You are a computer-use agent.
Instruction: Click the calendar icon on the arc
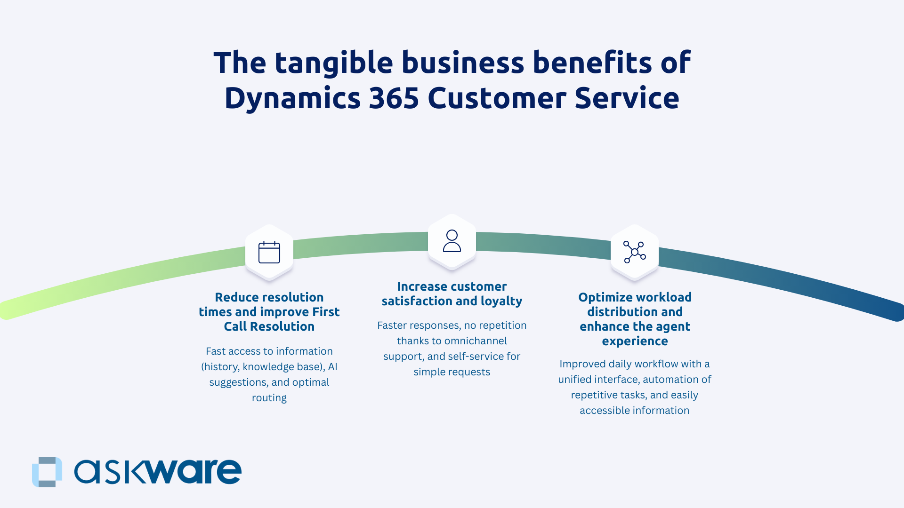click(x=269, y=252)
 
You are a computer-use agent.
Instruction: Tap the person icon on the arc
click(x=452, y=241)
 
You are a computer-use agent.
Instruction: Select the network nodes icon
click(x=635, y=252)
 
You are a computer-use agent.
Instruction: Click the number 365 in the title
click(x=394, y=98)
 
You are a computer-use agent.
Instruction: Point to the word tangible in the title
click(x=334, y=63)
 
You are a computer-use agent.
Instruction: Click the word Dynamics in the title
click(x=292, y=98)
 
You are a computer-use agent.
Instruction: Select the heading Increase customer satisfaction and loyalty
click(x=452, y=294)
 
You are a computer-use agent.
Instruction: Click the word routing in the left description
click(x=269, y=398)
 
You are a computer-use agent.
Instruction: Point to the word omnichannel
click(x=476, y=341)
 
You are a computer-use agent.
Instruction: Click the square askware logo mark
click(x=47, y=472)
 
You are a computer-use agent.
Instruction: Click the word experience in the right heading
click(x=635, y=341)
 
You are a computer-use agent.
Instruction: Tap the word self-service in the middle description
click(x=473, y=357)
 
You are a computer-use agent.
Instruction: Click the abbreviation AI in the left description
click(x=332, y=367)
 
